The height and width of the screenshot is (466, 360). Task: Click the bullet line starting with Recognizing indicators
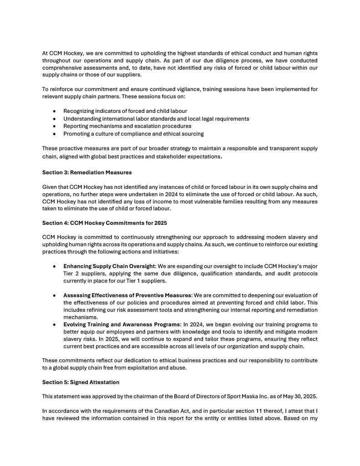[125, 111]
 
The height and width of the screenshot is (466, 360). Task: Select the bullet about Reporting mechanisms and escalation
[127, 126]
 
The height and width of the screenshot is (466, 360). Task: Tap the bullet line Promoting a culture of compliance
[133, 134]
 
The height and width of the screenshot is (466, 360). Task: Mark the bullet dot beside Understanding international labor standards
[55, 119]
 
